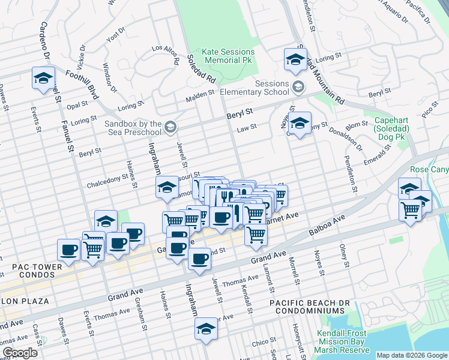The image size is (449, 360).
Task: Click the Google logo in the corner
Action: pos(20,353)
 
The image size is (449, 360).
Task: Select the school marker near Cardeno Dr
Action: pos(43,78)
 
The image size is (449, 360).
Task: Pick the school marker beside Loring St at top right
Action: pos(295,59)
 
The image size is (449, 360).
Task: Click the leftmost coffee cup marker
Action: pos(68,249)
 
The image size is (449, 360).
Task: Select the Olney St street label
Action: pos(344,256)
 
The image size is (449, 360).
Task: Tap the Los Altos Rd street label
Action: pos(166,53)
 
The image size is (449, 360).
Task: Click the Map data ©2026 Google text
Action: pos(411,355)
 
